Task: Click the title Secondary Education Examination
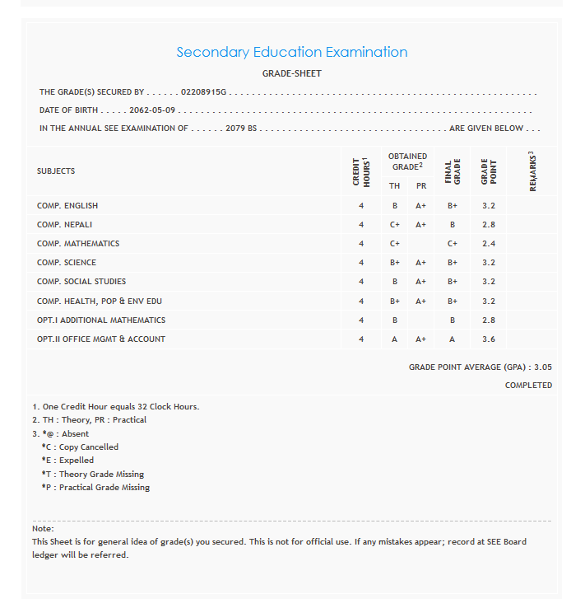tap(291, 52)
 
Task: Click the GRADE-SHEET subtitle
tap(291, 73)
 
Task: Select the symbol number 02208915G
tap(203, 92)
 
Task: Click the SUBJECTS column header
tap(56, 171)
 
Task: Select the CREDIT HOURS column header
tap(361, 172)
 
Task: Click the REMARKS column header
tap(532, 171)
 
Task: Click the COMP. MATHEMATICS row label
tap(78, 244)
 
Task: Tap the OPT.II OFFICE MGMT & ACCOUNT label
tap(101, 339)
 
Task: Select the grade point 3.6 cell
tap(489, 339)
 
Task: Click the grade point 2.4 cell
tap(489, 244)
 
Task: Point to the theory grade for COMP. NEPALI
tap(395, 225)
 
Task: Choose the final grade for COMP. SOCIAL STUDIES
tap(452, 282)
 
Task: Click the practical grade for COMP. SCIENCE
tap(420, 263)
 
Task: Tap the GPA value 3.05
tap(542, 367)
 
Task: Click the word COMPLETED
tap(528, 386)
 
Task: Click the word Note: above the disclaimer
tap(43, 528)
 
